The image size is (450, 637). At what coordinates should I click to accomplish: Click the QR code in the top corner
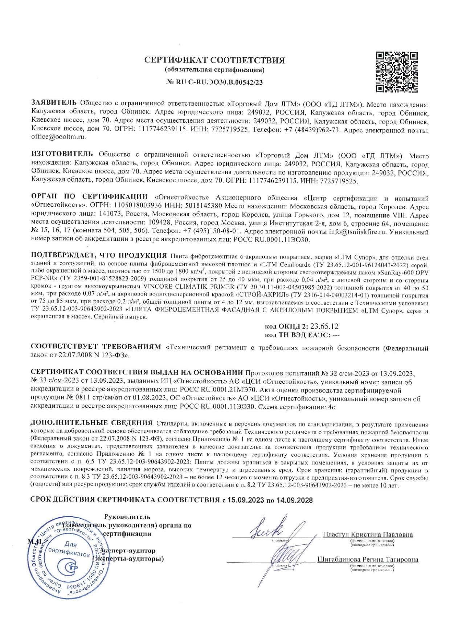397,72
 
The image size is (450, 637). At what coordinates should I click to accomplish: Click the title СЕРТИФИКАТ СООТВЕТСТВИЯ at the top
214,60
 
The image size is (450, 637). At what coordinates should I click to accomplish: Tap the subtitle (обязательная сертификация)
214,69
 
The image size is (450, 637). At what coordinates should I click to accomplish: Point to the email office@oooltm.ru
58,137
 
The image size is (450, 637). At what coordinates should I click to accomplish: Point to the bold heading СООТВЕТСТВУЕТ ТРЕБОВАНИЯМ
95,347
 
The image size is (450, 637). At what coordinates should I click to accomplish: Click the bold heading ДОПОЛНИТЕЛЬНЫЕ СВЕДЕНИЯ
91,423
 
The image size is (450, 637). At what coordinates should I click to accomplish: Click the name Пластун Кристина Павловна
368,535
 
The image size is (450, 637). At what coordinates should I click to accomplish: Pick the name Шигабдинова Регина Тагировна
368,560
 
